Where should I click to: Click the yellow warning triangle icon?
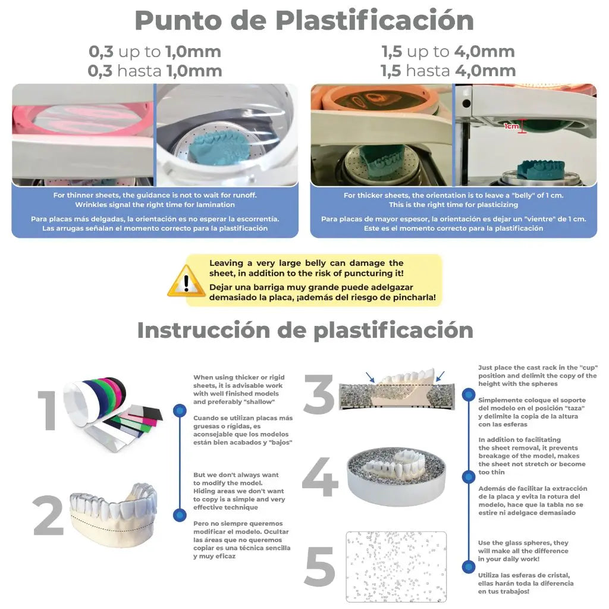pos(186,281)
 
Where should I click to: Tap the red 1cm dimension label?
pos(511,126)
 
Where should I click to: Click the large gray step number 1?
pos(48,410)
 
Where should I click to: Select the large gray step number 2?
pos(48,515)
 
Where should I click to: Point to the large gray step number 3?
pos(319,394)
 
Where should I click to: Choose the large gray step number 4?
pos(320,478)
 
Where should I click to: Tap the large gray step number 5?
pos(320,567)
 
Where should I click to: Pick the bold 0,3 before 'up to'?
pos(101,51)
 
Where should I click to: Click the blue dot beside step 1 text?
pos(180,410)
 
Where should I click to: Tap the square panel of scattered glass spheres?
pos(396,566)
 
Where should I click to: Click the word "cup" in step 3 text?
pos(588,368)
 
